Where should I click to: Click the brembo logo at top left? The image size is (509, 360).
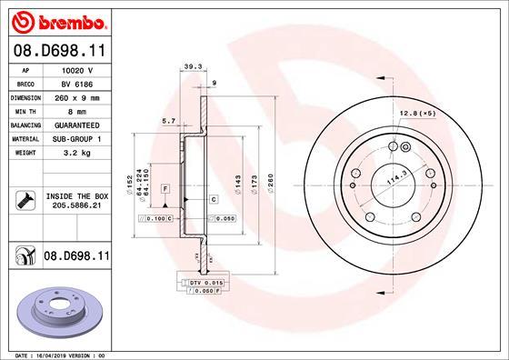point(56,21)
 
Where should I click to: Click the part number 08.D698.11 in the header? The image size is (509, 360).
point(56,54)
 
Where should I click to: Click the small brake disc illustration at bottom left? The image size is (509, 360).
point(55,308)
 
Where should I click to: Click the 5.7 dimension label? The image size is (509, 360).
point(167,120)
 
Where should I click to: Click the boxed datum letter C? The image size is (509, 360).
point(213,198)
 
